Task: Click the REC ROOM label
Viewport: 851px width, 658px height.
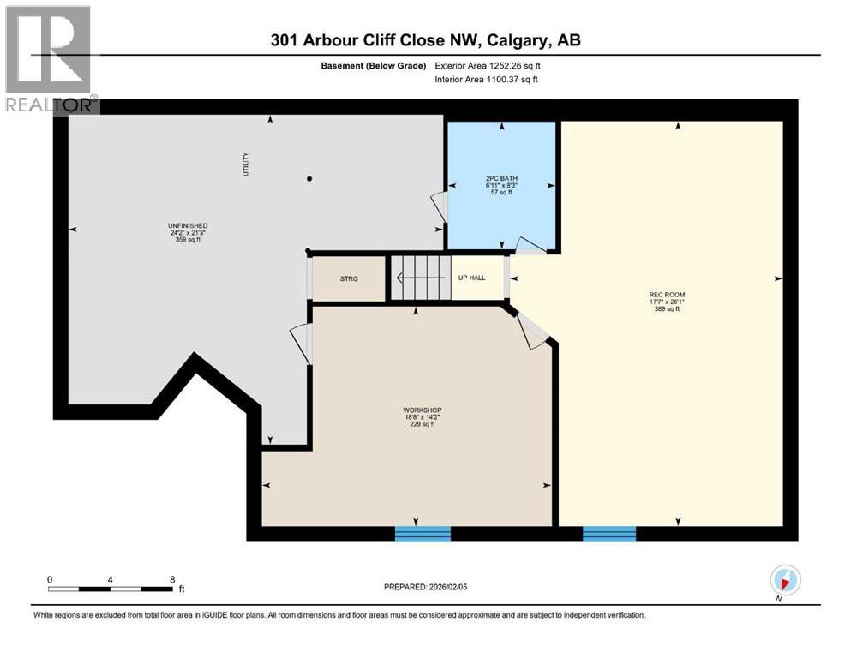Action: coord(667,296)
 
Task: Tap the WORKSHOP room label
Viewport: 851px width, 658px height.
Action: coord(422,410)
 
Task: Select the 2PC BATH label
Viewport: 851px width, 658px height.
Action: coord(501,178)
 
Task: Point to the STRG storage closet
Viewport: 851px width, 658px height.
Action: coord(349,278)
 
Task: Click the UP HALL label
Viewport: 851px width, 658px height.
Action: coord(471,278)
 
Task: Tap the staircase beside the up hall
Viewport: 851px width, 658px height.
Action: coord(421,278)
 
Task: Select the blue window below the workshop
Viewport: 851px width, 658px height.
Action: coord(423,534)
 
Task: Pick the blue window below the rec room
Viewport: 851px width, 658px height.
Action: coord(609,534)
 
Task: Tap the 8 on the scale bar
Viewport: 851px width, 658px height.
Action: coord(172,579)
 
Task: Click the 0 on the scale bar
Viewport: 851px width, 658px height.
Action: coord(50,579)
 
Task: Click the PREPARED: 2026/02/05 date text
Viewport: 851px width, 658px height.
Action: coord(425,587)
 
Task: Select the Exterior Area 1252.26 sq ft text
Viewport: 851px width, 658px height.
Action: coord(488,65)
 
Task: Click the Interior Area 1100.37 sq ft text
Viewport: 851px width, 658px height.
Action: coord(487,80)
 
